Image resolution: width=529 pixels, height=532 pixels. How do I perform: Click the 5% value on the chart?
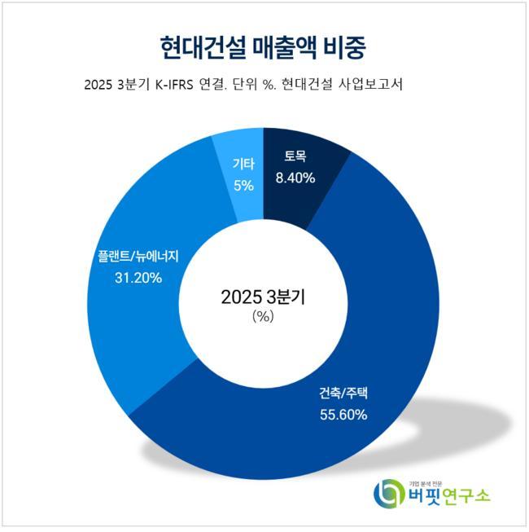(x=243, y=185)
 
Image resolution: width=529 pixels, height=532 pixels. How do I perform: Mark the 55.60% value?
(x=343, y=415)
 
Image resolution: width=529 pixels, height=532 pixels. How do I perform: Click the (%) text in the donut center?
(x=263, y=318)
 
